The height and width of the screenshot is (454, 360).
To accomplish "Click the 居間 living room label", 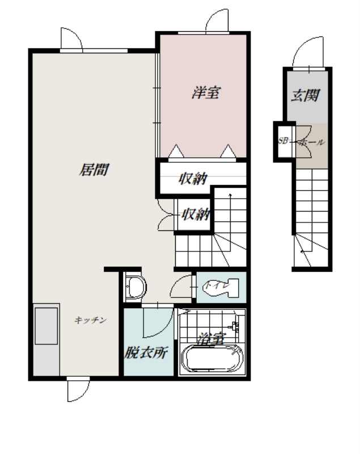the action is pos(94,170).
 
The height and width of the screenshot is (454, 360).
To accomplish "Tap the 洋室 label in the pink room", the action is pos(206,93).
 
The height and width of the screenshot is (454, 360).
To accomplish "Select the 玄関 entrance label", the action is pos(306,95).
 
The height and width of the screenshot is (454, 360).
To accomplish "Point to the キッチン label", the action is pos(91,320).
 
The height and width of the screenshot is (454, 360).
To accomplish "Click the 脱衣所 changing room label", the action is pos(146,352).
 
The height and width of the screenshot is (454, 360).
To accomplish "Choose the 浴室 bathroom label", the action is pos(211,338).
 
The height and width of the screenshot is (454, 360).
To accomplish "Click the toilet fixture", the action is pos(221,288).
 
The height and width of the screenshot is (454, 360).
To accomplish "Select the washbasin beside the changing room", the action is pos(135,287).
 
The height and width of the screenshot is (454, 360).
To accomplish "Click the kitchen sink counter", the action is pos(46,339).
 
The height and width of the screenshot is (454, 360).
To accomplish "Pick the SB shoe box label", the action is pos(283,141).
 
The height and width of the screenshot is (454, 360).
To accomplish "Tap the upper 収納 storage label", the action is pos(193,179).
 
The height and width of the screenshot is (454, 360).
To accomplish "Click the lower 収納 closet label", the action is pos(196,215).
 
